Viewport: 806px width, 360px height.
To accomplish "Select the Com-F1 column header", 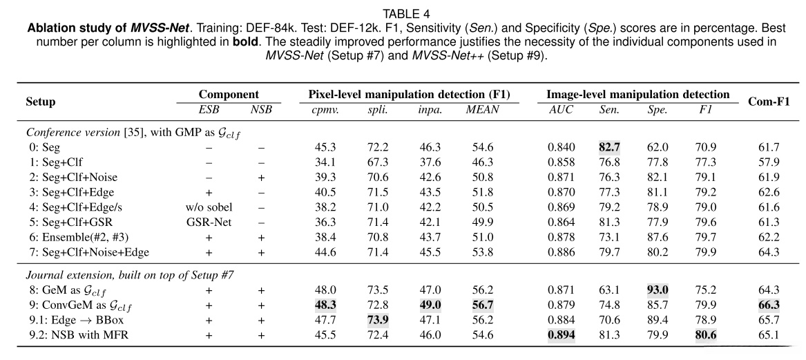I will pyautogui.click(x=769, y=102).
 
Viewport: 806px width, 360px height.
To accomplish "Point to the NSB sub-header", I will pyautogui.click(x=261, y=109).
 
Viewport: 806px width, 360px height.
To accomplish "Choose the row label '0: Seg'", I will pyautogui.click(x=44, y=147).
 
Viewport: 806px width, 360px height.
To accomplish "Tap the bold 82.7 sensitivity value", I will pyautogui.click(x=609, y=147).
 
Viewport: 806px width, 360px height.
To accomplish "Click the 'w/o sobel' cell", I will pyautogui.click(x=209, y=207).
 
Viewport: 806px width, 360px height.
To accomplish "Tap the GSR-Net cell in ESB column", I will pyautogui.click(x=209, y=222).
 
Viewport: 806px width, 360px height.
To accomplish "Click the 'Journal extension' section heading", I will pyautogui.click(x=130, y=275).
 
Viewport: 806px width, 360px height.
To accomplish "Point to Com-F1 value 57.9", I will pyautogui.click(x=769, y=162).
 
